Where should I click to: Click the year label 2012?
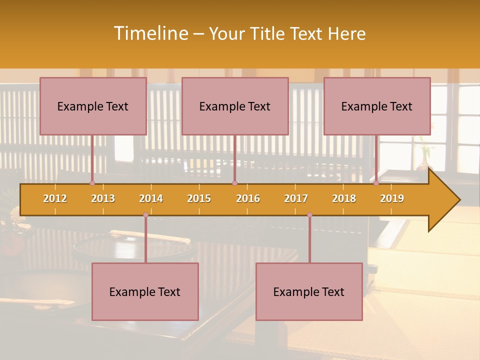55,198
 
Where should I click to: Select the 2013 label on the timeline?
103,198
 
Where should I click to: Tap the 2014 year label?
151,198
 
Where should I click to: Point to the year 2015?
199,198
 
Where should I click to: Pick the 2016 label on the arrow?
248,198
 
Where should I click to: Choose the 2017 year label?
296,198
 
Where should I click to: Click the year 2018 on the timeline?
344,198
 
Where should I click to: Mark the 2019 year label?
392,198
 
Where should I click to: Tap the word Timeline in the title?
150,33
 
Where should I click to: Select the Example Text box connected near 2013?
93,106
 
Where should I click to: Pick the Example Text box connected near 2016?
235,106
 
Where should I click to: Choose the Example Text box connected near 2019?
377,106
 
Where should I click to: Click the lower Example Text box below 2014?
145,291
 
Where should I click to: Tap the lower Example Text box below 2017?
309,291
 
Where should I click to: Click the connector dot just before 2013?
92,183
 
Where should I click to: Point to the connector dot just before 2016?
235,183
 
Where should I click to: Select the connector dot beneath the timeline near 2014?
145,215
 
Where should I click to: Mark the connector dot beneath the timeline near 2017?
309,215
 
